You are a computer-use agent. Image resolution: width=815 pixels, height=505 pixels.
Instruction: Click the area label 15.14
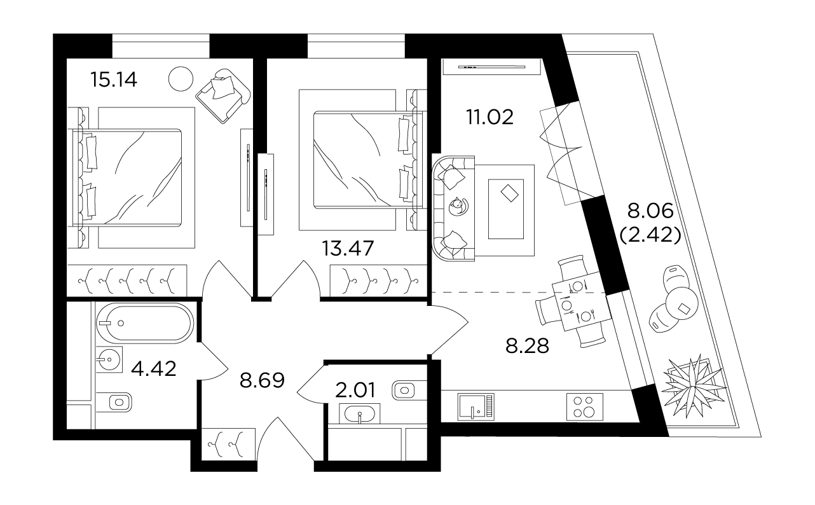coord(114,80)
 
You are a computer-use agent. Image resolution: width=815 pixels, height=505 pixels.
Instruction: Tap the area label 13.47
coord(347,247)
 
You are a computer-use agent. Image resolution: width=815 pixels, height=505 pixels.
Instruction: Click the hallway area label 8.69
coord(261,381)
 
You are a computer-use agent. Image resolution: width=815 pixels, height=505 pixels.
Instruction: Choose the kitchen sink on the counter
coord(475,406)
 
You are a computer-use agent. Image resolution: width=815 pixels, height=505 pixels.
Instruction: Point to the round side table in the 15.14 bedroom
coord(181,79)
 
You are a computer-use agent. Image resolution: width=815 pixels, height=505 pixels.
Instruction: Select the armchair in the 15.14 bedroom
coord(222,93)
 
